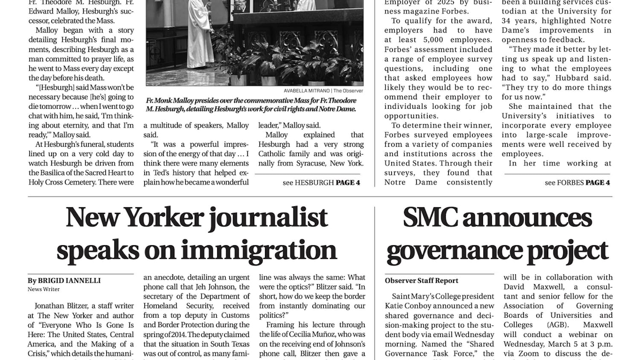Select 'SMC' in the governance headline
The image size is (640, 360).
point(429,218)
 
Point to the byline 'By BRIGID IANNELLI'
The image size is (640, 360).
point(64,281)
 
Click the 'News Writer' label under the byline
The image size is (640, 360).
point(44,289)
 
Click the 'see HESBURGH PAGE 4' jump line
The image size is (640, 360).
point(321,183)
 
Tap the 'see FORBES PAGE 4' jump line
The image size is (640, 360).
point(577,183)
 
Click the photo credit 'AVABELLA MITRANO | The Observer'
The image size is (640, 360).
point(323,91)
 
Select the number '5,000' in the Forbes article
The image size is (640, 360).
point(433,40)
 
